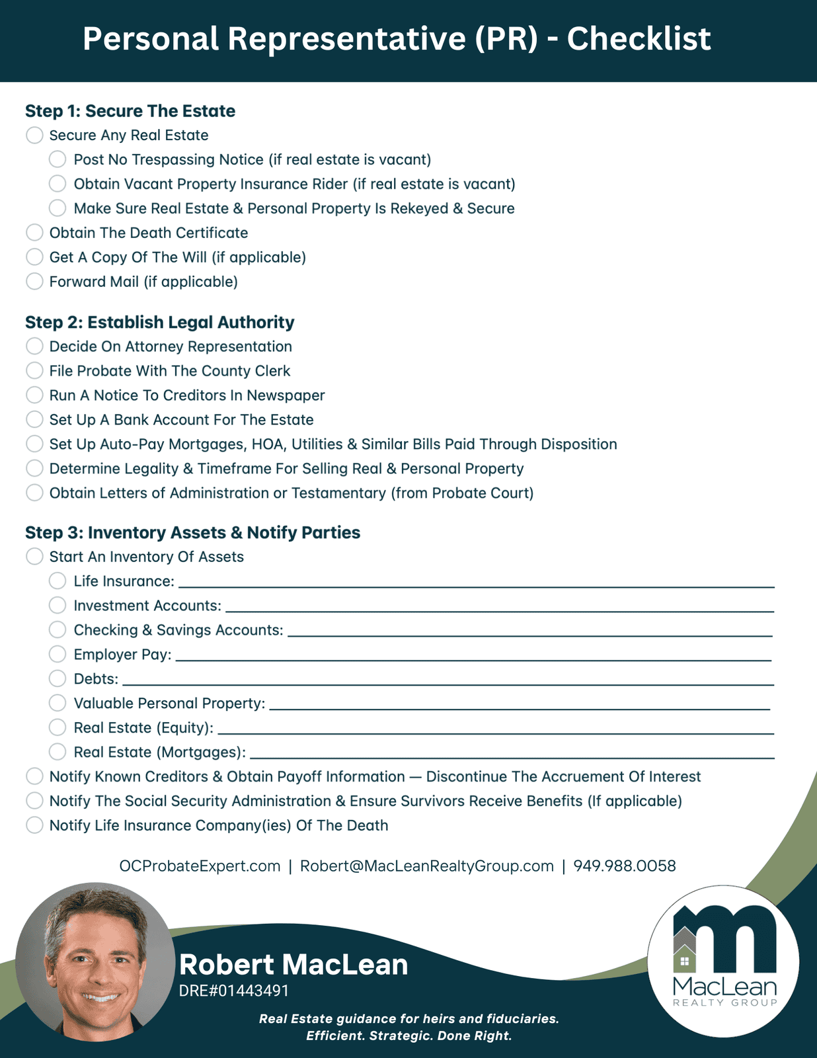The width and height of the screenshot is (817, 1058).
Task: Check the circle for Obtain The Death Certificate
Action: tap(34, 233)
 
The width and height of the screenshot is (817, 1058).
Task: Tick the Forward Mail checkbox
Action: tap(34, 282)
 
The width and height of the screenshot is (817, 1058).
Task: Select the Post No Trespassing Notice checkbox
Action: tap(58, 159)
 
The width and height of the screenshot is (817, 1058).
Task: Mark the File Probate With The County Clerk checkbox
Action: tap(34, 371)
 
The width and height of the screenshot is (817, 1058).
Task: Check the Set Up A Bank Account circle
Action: tap(34, 420)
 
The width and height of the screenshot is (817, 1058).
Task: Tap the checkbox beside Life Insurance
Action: tap(58, 581)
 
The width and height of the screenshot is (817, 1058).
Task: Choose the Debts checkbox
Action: tap(58, 678)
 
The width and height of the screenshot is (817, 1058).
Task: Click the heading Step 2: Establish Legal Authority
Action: tap(159, 322)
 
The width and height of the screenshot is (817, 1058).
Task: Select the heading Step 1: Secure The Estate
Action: tap(130, 110)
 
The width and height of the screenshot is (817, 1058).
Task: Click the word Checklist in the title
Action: tap(639, 39)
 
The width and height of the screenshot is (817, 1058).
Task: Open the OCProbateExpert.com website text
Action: tap(200, 866)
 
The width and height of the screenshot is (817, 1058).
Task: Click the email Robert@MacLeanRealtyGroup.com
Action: tap(426, 866)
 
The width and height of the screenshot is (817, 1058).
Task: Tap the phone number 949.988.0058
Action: tap(624, 866)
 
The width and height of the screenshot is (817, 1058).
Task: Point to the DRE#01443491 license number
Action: tap(233, 991)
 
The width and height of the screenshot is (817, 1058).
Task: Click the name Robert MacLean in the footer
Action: tap(293, 964)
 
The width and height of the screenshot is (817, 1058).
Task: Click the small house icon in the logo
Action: tap(685, 960)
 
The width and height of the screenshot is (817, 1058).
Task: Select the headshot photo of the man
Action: tap(96, 962)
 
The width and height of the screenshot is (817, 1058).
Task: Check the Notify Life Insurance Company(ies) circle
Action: tap(34, 825)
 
